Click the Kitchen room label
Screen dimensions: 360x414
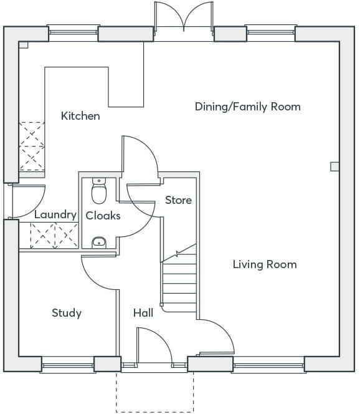pyautogui.click(x=80, y=116)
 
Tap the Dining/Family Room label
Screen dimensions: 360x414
pyautogui.click(x=248, y=107)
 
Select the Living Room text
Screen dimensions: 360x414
pyautogui.click(x=265, y=264)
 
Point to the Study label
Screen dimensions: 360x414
pyautogui.click(x=67, y=313)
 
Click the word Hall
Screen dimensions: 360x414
pyautogui.click(x=143, y=313)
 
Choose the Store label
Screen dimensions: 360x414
pyautogui.click(x=178, y=200)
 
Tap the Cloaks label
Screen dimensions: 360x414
pyautogui.click(x=103, y=216)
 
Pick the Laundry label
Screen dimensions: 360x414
pyautogui.click(x=55, y=214)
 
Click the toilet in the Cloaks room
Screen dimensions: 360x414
pyautogui.click(x=99, y=191)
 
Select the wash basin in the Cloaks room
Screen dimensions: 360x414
pyautogui.click(x=99, y=243)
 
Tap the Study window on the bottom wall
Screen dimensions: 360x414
pyautogui.click(x=68, y=365)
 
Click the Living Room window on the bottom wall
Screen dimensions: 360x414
pyautogui.click(x=268, y=365)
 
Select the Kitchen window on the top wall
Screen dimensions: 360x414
pyautogui.click(x=73, y=32)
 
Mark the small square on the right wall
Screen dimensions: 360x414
pyautogui.click(x=334, y=166)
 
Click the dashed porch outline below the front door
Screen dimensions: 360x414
pyautogui.click(x=155, y=412)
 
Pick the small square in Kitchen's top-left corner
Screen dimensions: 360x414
pyautogui.click(x=24, y=45)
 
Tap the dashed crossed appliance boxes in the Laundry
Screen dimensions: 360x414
pyautogui.click(x=55, y=236)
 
